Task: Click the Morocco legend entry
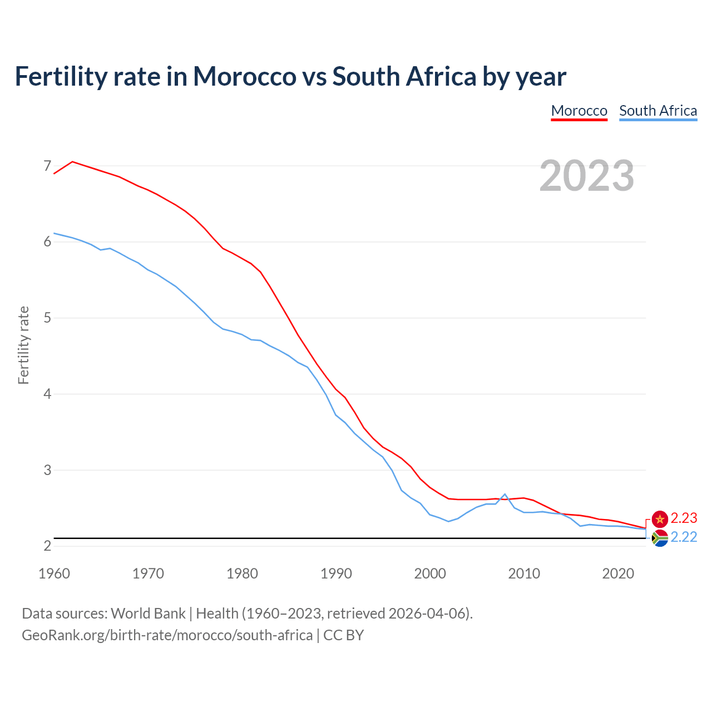(579, 111)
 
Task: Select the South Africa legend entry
(658, 111)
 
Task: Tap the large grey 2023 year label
(587, 176)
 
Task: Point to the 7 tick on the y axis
(47, 166)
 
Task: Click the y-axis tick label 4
(47, 394)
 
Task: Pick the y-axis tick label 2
(47, 546)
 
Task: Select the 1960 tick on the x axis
(54, 573)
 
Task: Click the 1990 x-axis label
(336, 573)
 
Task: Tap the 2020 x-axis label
(618, 573)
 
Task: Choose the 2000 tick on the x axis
(430, 573)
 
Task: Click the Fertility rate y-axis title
(23, 345)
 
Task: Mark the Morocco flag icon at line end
(660, 519)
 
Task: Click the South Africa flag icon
(660, 538)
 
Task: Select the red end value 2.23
(684, 518)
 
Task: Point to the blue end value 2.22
(684, 537)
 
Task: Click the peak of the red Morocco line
(72, 162)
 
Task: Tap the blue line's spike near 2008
(505, 494)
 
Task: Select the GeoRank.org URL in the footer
(167, 635)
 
